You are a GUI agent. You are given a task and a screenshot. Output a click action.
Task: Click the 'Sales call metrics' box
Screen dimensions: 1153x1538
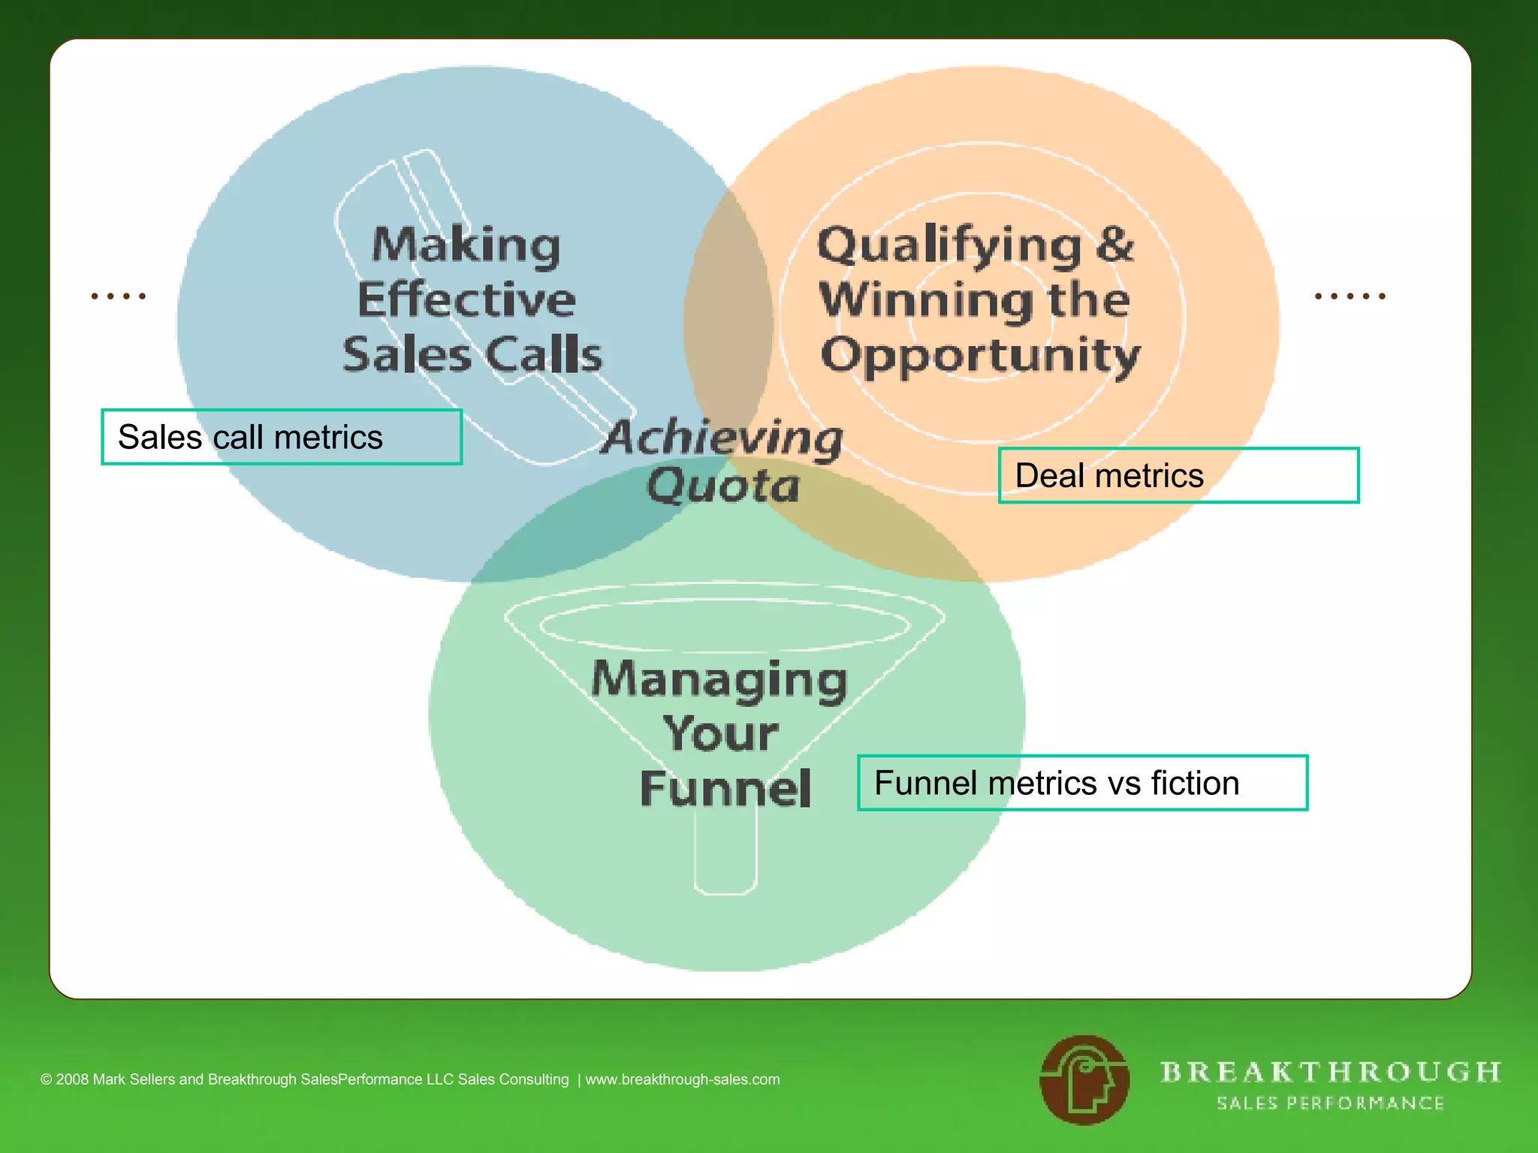(281, 437)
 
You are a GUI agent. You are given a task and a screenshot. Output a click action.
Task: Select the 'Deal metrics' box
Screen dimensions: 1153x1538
(1178, 475)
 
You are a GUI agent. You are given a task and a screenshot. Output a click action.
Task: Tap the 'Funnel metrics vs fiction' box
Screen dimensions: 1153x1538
(1081, 783)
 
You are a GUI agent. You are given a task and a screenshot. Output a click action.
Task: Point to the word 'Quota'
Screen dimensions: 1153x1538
(722, 485)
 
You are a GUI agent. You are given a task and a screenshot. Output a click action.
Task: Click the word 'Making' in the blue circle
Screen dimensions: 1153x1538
(466, 245)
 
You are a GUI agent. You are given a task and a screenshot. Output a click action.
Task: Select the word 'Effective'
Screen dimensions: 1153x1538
(466, 300)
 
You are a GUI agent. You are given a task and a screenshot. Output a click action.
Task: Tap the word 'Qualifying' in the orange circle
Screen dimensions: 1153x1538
(949, 246)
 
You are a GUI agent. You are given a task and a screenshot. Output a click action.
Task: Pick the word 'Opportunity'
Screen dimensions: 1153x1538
(980, 356)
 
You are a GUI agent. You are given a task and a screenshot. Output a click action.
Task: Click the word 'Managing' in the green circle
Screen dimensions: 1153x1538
(719, 679)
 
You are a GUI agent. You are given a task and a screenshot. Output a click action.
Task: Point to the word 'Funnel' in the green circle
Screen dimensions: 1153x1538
(725, 788)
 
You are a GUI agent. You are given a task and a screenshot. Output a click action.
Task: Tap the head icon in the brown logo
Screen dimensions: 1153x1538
(1084, 1080)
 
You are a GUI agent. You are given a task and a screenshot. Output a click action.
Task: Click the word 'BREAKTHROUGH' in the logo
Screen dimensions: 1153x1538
(1330, 1072)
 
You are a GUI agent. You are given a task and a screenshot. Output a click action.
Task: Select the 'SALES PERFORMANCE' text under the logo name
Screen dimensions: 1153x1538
(1330, 1103)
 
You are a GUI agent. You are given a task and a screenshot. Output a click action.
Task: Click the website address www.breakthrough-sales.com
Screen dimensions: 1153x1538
(682, 1079)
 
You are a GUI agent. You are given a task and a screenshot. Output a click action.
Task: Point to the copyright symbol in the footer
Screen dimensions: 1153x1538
(46, 1079)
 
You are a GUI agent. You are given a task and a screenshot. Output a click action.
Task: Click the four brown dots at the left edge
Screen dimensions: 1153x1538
(118, 297)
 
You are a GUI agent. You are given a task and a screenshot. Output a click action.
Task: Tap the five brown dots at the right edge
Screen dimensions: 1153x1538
(1350, 297)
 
